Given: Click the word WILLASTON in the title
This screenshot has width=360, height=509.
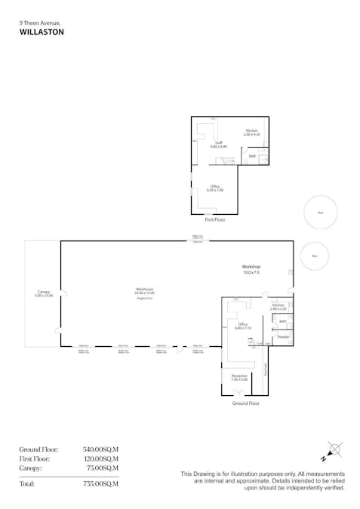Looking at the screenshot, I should pyautogui.click(x=42, y=32).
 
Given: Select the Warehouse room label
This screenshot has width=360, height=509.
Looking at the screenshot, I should pyautogui.click(x=146, y=290).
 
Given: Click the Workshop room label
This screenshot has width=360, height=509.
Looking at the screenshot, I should pyautogui.click(x=251, y=268).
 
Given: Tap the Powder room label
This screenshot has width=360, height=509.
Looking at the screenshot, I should pyautogui.click(x=283, y=337).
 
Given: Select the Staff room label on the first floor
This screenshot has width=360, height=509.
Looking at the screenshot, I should pyautogui.click(x=218, y=143).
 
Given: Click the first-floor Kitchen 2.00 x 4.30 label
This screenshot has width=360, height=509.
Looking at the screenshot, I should pyautogui.click(x=251, y=132).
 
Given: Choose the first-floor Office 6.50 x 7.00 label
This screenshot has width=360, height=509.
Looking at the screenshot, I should pyautogui.click(x=216, y=188).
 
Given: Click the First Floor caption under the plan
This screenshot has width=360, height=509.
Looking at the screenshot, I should pyautogui.click(x=215, y=219).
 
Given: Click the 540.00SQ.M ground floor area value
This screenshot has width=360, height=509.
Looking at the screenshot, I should pyautogui.click(x=101, y=450).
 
